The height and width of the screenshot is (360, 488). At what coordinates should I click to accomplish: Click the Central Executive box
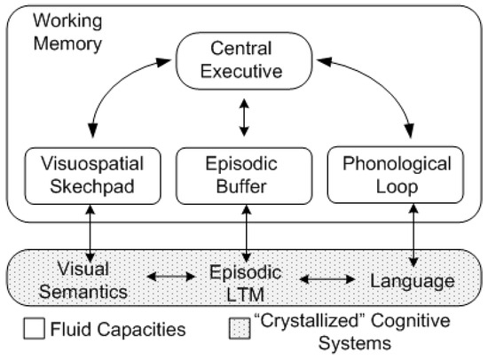(x=244, y=60)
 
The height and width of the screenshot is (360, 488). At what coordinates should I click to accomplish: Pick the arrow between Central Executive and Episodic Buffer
(x=244, y=117)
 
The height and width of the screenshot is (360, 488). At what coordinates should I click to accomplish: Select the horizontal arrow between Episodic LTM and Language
(x=325, y=278)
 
